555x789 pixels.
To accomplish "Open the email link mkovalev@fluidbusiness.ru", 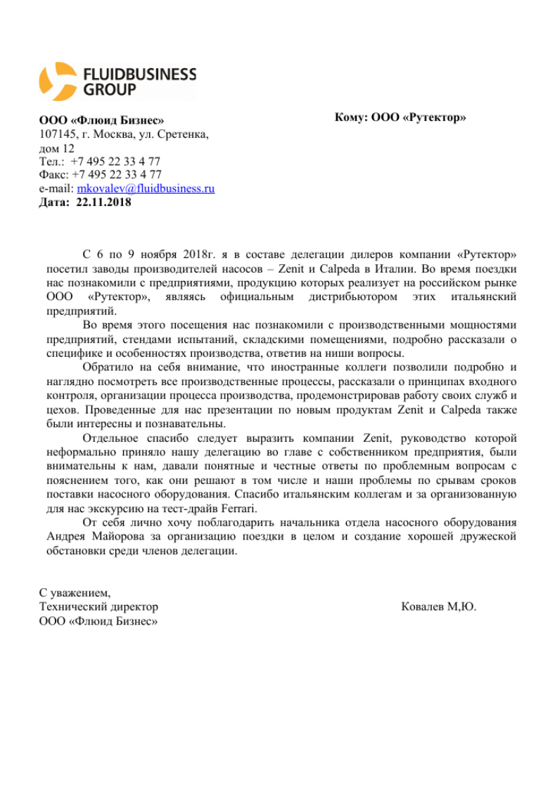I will (x=146, y=188).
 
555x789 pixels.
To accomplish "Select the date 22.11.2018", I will (x=103, y=202).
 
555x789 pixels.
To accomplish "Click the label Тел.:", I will (x=51, y=162).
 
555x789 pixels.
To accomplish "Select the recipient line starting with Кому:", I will (x=400, y=117).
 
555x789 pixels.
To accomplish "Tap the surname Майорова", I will (x=115, y=537).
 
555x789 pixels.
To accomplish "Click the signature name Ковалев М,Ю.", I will (x=438, y=606).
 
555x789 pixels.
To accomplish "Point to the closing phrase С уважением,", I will (x=75, y=592).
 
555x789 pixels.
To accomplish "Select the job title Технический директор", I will (x=98, y=606).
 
